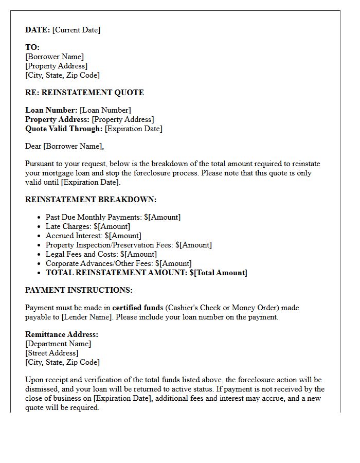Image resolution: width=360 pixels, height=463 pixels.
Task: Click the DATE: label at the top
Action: [x=38, y=30]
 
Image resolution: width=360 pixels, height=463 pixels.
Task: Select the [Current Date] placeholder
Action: [x=76, y=30]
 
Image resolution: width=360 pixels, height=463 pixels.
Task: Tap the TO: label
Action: [x=32, y=47]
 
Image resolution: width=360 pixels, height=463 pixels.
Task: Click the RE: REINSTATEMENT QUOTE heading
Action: [x=84, y=93]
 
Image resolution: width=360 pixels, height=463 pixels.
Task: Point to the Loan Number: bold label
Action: [x=51, y=110]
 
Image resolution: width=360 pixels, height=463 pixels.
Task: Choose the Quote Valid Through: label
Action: [x=64, y=129]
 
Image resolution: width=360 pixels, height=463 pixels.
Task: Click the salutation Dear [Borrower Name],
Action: [x=64, y=146]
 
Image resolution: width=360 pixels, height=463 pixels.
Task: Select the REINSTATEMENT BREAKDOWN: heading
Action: [x=91, y=200]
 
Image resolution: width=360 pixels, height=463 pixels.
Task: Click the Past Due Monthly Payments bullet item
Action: [x=113, y=217]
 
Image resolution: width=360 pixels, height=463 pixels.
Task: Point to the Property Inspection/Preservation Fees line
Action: [x=129, y=245]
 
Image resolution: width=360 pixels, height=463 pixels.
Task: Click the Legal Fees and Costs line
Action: [x=101, y=254]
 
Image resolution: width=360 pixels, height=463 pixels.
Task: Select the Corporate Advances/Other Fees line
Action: [x=118, y=263]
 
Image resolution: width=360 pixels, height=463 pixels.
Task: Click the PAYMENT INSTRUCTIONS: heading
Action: [x=79, y=290]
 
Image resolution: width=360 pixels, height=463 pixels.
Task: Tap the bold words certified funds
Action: [x=137, y=308]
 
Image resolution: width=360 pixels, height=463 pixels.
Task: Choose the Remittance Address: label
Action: [x=62, y=334]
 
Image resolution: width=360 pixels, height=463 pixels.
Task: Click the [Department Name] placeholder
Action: [x=58, y=344]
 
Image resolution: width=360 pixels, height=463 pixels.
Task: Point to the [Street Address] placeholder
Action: [x=52, y=353]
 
